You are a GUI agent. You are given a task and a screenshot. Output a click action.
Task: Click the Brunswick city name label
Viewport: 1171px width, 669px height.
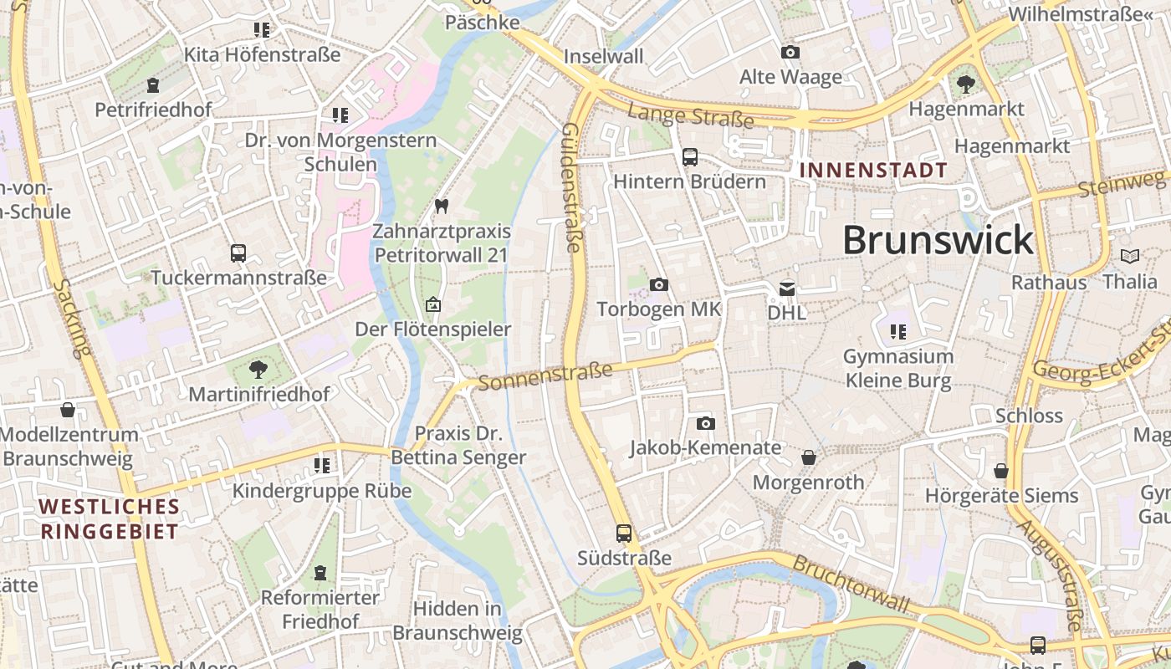938,241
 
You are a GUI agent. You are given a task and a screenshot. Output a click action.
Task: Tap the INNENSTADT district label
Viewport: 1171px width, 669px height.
873,171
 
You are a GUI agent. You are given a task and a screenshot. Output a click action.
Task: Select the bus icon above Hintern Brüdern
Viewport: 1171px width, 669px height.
689,156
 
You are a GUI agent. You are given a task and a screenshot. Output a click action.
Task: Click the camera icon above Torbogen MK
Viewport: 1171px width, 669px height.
658,284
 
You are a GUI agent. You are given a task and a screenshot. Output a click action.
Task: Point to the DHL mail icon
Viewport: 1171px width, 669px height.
787,289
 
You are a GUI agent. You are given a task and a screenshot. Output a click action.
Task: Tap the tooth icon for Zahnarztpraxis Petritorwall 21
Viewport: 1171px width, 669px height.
442,206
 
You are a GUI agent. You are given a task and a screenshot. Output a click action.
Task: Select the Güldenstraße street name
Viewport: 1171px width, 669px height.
571,187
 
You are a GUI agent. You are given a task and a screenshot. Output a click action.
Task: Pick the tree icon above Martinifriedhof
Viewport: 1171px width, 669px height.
258,369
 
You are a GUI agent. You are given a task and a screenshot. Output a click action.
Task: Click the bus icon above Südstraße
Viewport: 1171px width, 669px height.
623,533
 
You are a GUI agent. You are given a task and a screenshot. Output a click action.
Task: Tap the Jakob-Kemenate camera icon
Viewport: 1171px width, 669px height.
705,423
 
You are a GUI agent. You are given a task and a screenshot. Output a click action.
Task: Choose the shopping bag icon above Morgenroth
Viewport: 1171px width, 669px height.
808,457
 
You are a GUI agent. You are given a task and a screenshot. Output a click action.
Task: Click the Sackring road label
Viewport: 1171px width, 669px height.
71,318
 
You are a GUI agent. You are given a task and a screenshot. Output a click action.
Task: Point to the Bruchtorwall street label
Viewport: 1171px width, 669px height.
850,582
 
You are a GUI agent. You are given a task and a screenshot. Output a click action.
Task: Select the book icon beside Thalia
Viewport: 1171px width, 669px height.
1129,257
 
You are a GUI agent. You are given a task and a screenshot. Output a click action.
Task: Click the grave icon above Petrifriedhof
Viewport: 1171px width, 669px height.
152,85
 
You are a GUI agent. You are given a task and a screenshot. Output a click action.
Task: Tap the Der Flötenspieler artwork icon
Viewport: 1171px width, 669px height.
432,304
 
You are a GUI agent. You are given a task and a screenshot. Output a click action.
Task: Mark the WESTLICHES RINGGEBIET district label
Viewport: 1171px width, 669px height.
109,518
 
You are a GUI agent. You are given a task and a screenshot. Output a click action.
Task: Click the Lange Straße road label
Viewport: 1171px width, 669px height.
690,116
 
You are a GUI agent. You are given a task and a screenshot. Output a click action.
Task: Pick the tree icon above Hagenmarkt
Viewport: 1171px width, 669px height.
965,84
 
